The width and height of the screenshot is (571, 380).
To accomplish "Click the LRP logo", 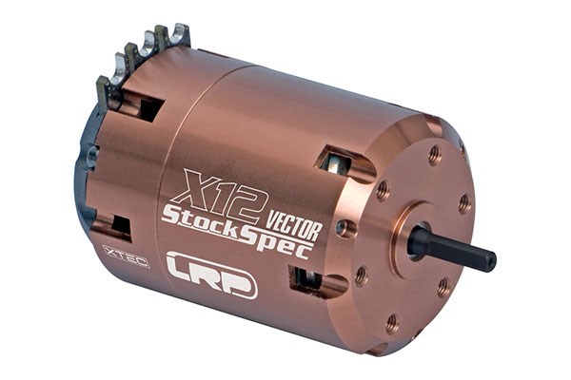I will point(211,274).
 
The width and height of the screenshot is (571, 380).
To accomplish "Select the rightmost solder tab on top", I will point(177,36).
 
